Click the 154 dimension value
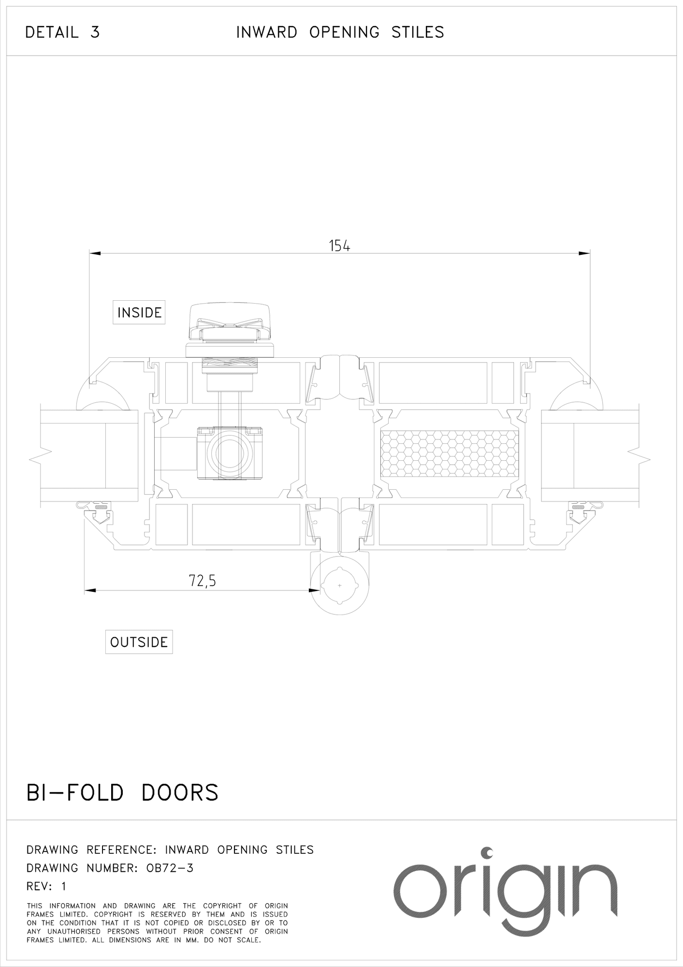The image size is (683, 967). click(339, 246)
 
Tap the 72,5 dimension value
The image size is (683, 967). click(202, 580)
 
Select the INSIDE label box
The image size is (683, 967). click(139, 312)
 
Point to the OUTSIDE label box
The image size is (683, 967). click(139, 642)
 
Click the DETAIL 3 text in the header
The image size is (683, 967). click(62, 32)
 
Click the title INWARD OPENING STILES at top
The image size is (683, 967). click(340, 32)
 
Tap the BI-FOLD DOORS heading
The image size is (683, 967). click(122, 792)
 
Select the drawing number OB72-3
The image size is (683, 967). click(170, 868)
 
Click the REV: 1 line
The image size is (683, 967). click(46, 886)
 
